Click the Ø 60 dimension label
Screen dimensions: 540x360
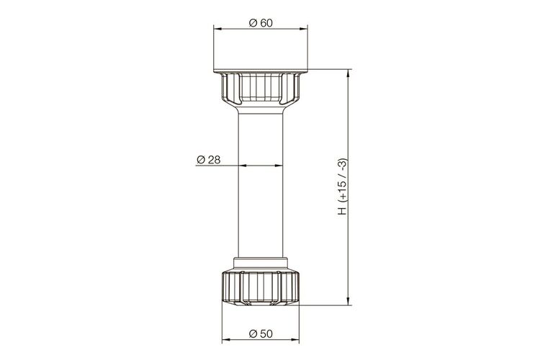(x=261, y=23)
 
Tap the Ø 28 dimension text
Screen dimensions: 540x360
(x=208, y=160)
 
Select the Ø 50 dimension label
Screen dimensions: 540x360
(x=261, y=333)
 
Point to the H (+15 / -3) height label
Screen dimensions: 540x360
(x=343, y=186)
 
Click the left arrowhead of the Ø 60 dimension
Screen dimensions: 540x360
(x=217, y=30)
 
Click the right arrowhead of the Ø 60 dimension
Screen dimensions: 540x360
(x=304, y=30)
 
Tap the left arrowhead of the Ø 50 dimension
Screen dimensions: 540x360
(x=226, y=341)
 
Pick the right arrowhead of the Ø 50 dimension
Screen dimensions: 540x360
(x=295, y=341)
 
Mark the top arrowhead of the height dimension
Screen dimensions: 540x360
(x=348, y=73)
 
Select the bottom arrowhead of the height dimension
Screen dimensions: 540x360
(x=348, y=301)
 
